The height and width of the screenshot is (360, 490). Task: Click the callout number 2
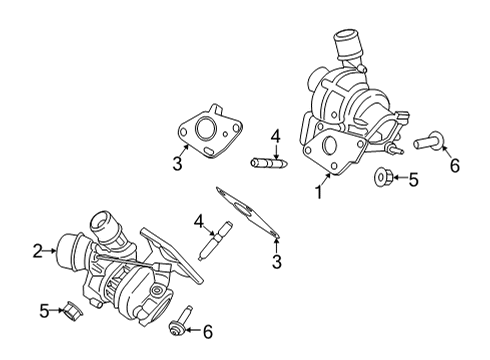[37, 251]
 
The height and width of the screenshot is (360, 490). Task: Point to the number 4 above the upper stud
[274, 136]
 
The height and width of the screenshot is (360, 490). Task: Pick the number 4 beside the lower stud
[199, 221]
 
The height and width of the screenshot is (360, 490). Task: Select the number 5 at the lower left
[44, 312]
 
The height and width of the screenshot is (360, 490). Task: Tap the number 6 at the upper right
[453, 165]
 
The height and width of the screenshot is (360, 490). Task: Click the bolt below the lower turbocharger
[179, 322]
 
